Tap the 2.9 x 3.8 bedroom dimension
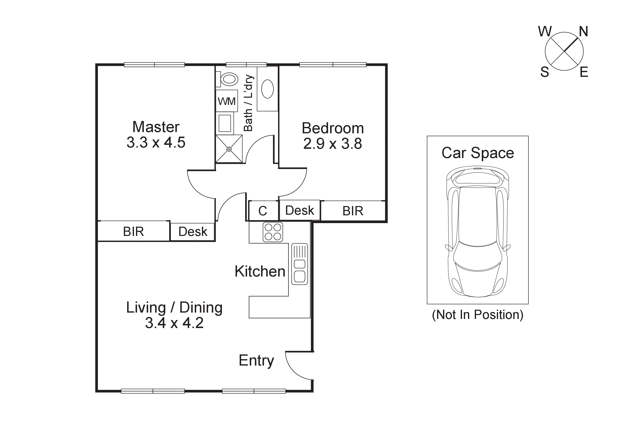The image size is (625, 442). [x=332, y=144]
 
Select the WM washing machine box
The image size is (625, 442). [x=226, y=101]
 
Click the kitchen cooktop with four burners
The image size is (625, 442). [x=273, y=232]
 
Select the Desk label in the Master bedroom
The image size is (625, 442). [x=193, y=232]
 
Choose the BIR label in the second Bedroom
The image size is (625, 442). [x=353, y=211]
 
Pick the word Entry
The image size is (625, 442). [x=256, y=360]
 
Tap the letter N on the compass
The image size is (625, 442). [x=583, y=32]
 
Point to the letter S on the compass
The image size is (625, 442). [x=544, y=72]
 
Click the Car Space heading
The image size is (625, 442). [x=477, y=153]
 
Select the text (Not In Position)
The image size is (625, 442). [x=477, y=315]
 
